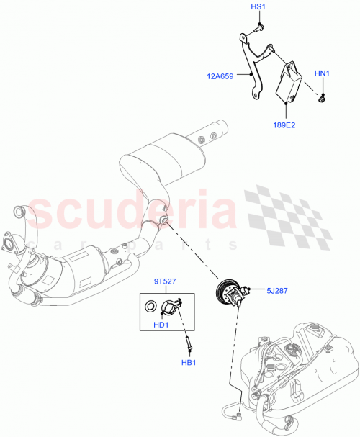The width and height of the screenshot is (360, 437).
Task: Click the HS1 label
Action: (258, 8)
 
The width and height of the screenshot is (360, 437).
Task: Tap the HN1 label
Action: (322, 73)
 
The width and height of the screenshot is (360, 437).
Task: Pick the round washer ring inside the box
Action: (150, 308)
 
